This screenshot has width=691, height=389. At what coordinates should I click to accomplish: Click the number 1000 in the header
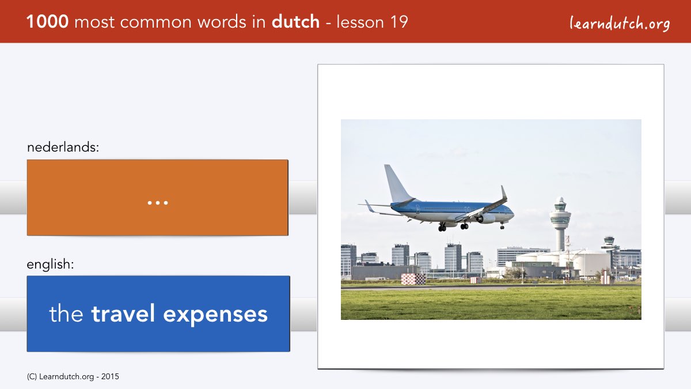47,22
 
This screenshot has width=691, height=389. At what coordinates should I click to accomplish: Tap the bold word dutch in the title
295,22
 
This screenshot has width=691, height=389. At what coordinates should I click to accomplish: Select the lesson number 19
399,22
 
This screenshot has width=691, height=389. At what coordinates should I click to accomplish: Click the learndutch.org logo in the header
620,23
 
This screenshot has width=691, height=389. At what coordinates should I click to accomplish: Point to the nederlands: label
63,147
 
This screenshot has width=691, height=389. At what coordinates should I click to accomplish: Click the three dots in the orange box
158,203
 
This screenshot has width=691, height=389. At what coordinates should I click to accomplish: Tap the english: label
50,265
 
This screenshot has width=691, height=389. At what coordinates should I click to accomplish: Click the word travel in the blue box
123,314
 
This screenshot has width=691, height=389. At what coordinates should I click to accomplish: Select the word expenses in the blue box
215,315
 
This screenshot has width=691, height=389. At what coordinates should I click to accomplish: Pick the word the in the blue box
66,314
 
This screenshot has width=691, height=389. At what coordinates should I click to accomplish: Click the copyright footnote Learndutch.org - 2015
73,377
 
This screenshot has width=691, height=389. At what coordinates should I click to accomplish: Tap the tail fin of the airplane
397,184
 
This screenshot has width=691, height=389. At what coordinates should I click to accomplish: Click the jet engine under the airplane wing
485,219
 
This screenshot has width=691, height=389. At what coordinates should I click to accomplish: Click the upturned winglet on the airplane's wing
503,192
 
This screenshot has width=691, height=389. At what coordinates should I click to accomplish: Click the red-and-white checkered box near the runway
413,279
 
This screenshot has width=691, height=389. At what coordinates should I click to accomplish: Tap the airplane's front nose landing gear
502,226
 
